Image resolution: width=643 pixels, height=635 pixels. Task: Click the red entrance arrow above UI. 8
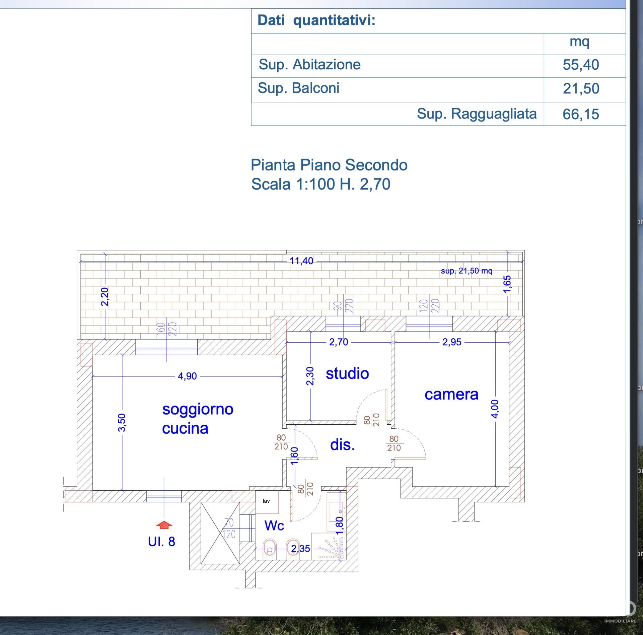(x=164, y=525)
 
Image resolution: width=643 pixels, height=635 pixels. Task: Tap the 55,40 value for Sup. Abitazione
(x=581, y=65)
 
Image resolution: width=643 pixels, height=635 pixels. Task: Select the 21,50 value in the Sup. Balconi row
(x=581, y=89)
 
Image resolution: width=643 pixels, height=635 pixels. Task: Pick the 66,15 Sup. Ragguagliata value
(x=581, y=114)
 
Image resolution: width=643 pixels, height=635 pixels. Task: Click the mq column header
(x=579, y=42)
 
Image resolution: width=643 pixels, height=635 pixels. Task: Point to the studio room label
(x=347, y=373)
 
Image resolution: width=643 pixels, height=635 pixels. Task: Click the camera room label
(x=451, y=394)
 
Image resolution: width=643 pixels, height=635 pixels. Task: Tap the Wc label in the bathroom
(x=274, y=525)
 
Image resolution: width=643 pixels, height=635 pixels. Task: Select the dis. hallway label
(x=342, y=445)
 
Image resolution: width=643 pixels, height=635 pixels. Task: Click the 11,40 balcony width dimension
(x=301, y=261)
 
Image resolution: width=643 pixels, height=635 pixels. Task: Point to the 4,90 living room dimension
(x=187, y=376)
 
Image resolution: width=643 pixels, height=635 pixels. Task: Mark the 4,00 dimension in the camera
(x=495, y=409)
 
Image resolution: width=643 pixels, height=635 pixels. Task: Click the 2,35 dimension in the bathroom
(x=300, y=549)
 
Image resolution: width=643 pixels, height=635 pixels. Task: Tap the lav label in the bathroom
(x=266, y=501)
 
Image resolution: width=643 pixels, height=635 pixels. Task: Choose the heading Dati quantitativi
(x=316, y=20)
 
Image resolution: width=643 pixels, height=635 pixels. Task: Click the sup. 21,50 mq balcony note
(x=467, y=271)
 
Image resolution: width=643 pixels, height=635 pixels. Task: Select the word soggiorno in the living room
(x=198, y=409)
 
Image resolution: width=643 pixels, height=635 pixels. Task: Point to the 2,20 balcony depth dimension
(x=105, y=297)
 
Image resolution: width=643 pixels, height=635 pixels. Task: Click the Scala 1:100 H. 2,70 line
(x=321, y=184)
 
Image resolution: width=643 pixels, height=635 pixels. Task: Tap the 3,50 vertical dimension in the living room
(x=122, y=423)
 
